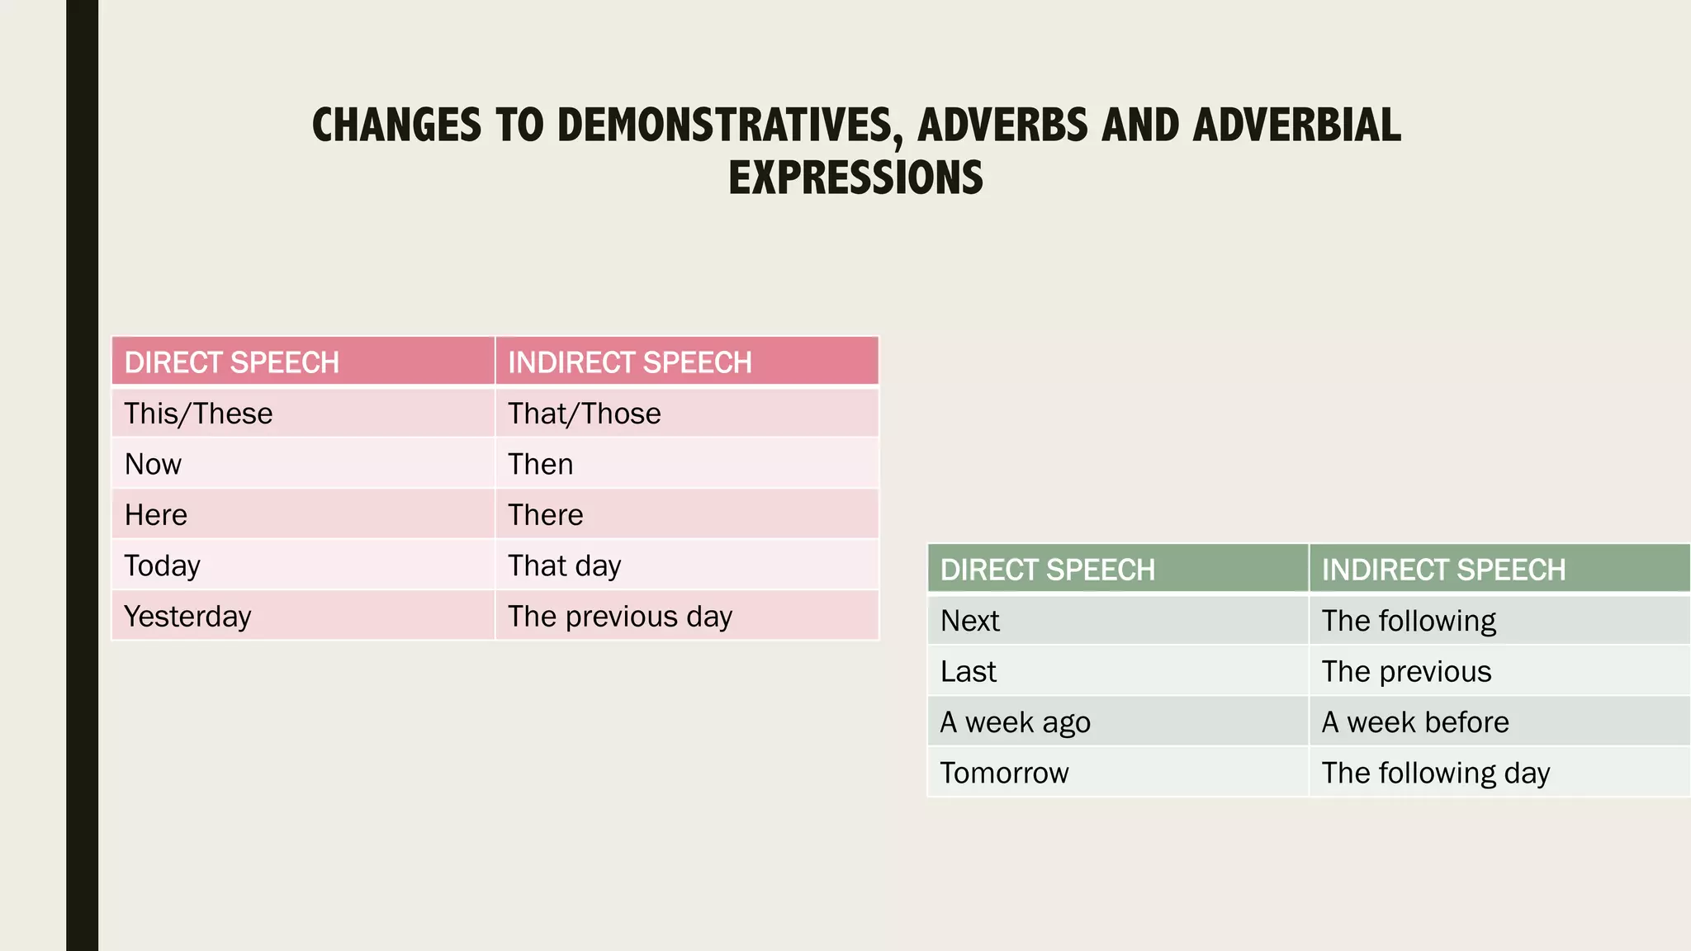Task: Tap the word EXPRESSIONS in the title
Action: pos(855,178)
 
